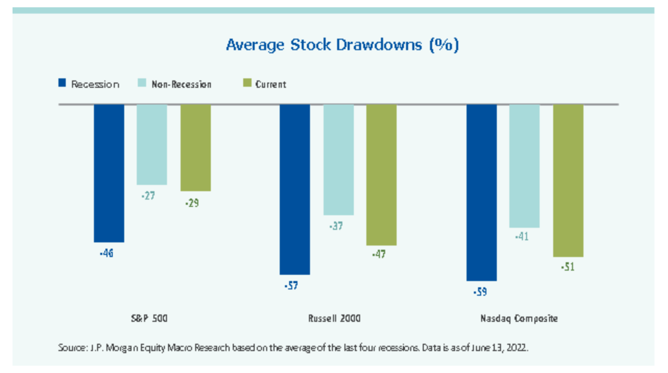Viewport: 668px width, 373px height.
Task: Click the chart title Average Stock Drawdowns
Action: coord(342,45)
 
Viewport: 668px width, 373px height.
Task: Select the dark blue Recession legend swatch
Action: coord(62,83)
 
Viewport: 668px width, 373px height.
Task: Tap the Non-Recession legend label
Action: coord(181,84)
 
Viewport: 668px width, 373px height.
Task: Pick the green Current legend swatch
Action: coord(247,83)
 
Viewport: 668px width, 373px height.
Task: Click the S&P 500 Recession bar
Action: coord(109,173)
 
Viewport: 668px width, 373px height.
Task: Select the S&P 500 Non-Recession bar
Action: coord(152,144)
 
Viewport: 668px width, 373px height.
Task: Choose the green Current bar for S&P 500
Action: coord(196,147)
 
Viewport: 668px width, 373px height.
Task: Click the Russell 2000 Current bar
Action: coord(381,174)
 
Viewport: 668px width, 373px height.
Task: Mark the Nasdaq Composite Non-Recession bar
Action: coord(524,166)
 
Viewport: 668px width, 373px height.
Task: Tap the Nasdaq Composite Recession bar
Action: coord(482,192)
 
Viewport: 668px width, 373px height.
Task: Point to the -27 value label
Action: coord(148,196)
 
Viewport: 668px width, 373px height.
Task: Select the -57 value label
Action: coord(292,286)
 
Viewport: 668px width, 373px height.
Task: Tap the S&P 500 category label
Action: coord(149,318)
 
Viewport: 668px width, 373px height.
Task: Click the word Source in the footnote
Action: coord(70,347)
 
